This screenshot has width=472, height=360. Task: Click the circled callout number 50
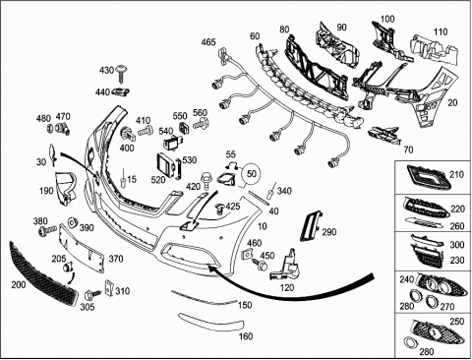tap(252, 173)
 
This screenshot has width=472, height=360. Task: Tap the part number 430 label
tap(106, 70)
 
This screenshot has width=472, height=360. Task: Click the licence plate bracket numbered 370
tap(82, 248)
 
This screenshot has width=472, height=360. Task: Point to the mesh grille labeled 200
tap(43, 274)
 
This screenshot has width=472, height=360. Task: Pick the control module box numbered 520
tap(165, 165)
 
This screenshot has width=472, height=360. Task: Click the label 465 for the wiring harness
tap(208, 42)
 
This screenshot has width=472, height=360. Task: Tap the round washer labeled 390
tap(72, 222)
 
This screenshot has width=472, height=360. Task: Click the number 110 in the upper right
tap(441, 31)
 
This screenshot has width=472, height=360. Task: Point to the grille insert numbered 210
tap(427, 177)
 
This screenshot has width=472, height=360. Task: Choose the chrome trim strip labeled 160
tap(211, 323)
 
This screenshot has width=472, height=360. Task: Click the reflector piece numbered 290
tap(311, 227)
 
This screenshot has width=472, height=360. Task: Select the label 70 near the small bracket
tap(408, 150)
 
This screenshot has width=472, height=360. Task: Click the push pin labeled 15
tap(123, 179)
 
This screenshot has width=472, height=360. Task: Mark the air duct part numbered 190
tap(66, 189)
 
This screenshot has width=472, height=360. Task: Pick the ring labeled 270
tap(432, 301)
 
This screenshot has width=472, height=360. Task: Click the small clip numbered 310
tap(108, 287)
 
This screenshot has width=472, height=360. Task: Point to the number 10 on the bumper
tap(263, 226)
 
